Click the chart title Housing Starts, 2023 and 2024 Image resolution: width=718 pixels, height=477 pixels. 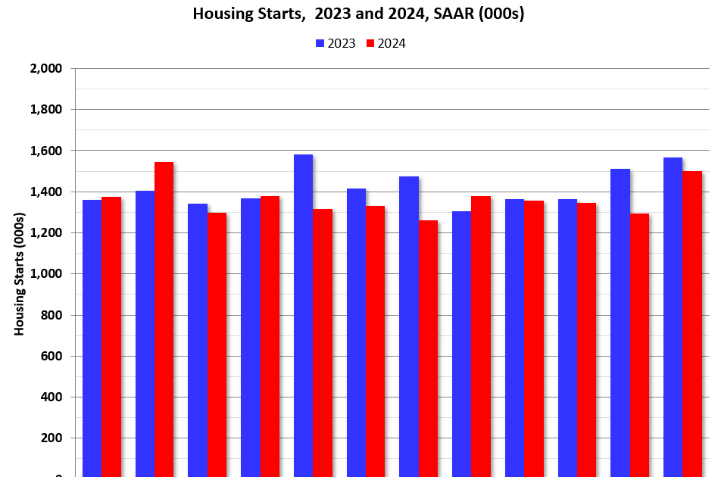[x=358, y=14]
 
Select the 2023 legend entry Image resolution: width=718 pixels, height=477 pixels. [x=335, y=43]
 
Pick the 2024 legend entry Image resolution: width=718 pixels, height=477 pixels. [x=386, y=43]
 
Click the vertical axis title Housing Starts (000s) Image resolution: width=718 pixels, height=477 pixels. [x=20, y=274]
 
